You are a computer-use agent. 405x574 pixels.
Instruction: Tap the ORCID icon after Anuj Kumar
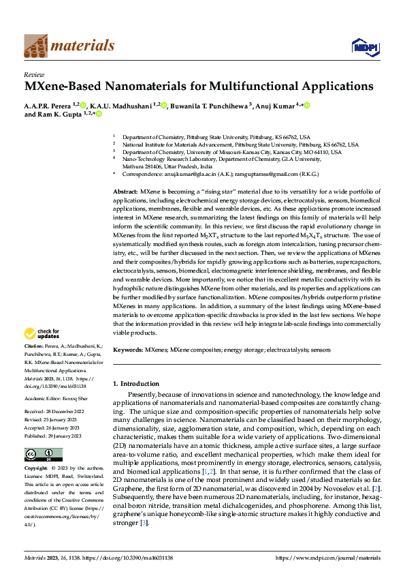307,105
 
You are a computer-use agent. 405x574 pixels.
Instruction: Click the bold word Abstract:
126,194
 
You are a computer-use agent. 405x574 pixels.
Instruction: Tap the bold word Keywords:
128,350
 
